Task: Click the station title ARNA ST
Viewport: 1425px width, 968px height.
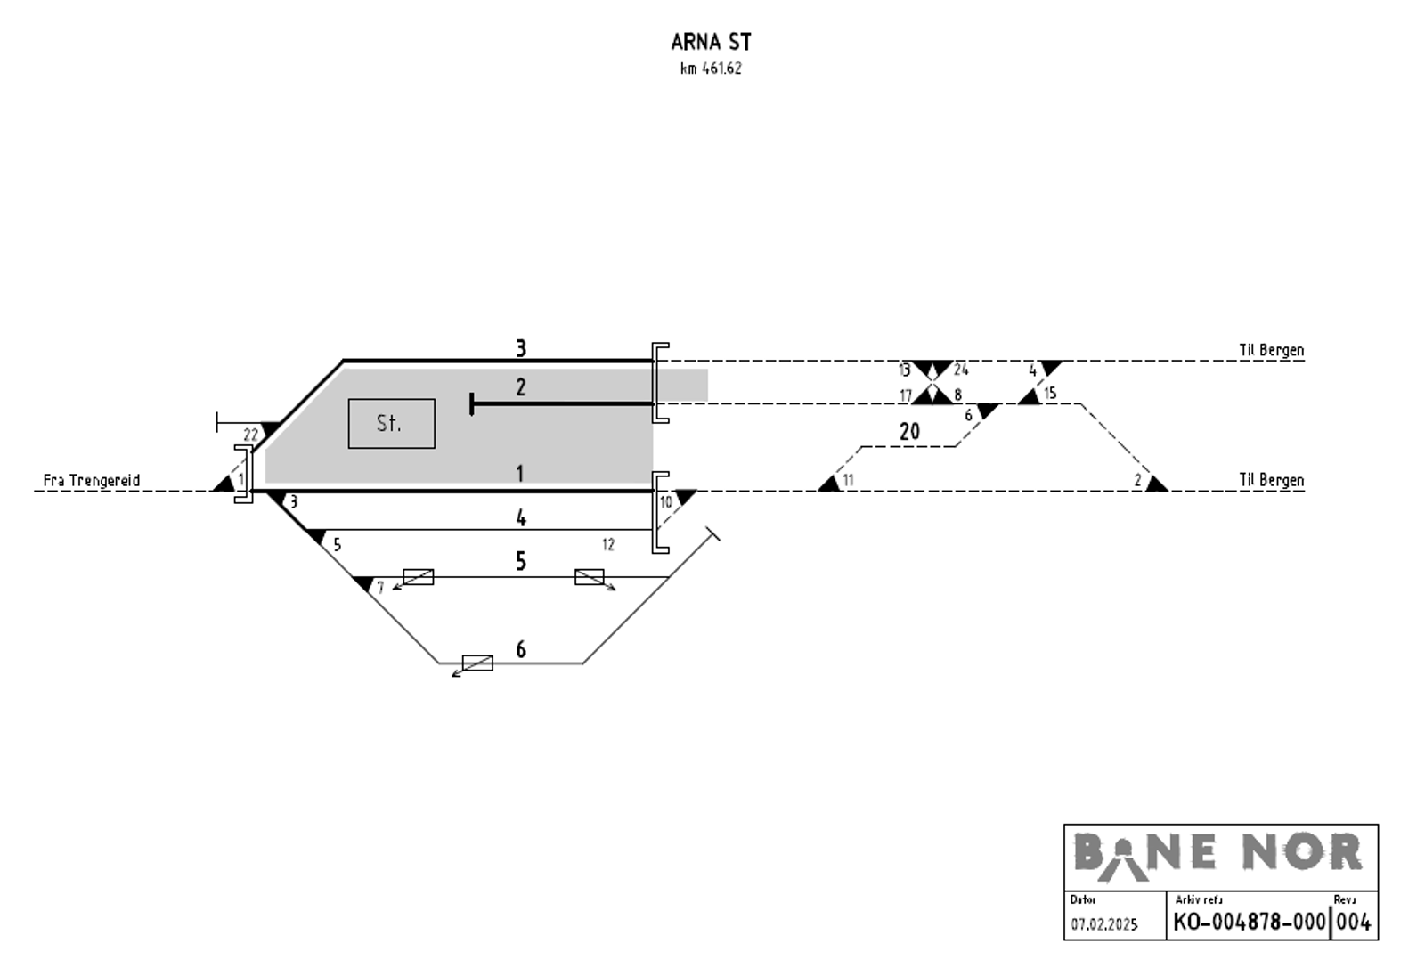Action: [712, 42]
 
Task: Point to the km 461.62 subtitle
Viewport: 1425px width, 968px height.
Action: [712, 69]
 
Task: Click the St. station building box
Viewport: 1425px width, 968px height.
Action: [391, 424]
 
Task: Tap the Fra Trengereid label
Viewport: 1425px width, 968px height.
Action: [92, 480]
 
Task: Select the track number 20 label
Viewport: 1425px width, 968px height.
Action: [909, 432]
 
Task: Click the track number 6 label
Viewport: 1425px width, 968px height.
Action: [521, 649]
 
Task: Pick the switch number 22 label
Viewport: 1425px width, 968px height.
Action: [250, 435]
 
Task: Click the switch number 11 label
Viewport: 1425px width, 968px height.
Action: [848, 480]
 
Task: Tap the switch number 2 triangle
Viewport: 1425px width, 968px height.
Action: [1157, 484]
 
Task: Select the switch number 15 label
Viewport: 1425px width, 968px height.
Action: [1050, 393]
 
